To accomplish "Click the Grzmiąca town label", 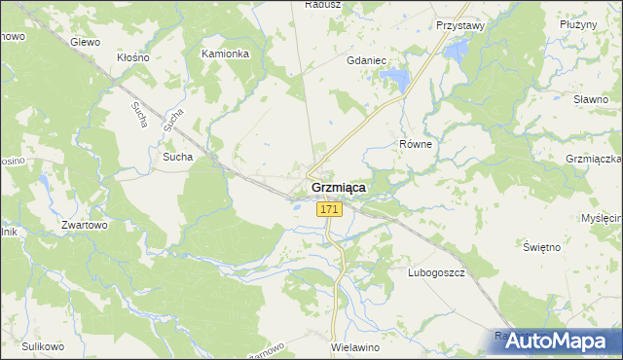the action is pyautogui.click(x=338, y=188).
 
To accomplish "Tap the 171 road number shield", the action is pyautogui.click(x=329, y=209).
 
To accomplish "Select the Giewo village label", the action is pyautogui.click(x=86, y=42).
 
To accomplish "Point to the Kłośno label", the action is pyautogui.click(x=132, y=57).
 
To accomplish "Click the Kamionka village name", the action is pyautogui.click(x=225, y=54).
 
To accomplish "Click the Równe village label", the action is pyautogui.click(x=416, y=143).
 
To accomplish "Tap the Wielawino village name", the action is pyautogui.click(x=353, y=346).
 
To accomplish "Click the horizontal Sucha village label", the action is pyautogui.click(x=178, y=156).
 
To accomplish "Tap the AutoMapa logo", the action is pyautogui.click(x=556, y=342).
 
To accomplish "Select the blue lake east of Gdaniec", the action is pyautogui.click(x=396, y=78).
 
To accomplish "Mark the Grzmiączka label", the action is pyautogui.click(x=593, y=158).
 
